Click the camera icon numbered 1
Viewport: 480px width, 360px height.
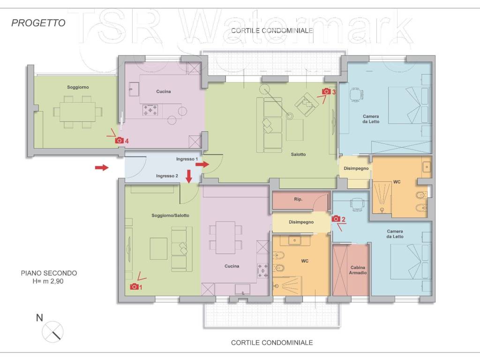tap(134, 286)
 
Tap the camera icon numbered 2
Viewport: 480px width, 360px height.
tap(336, 218)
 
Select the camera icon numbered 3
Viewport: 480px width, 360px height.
tap(326, 91)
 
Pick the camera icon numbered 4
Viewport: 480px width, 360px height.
tap(119, 140)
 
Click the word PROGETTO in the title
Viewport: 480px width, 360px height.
tap(38, 23)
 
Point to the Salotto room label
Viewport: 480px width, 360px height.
tap(298, 154)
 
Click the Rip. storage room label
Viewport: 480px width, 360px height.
tap(298, 199)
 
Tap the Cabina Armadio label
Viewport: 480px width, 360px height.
tap(358, 270)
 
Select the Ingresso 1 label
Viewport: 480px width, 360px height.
tap(187, 159)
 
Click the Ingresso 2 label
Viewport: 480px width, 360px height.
tap(167, 176)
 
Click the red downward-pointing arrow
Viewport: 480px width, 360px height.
tap(189, 176)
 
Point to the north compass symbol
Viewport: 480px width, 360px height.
tap(52, 332)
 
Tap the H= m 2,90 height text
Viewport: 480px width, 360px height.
tap(48, 281)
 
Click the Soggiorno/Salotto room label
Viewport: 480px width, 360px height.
tap(170, 216)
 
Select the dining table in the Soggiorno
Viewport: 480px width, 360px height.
tap(78, 112)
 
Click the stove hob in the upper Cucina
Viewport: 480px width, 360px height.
tap(150, 110)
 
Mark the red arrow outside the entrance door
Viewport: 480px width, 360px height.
tap(102, 167)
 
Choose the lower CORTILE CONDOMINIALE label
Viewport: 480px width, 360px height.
tap(272, 343)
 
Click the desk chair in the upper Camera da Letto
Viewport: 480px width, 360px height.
tap(356, 94)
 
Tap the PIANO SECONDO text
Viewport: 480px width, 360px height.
tap(49, 273)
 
